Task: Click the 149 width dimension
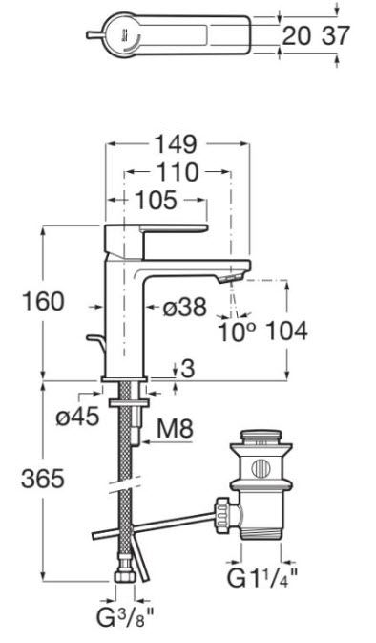click(x=176, y=144)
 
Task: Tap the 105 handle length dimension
click(x=157, y=201)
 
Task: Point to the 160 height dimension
click(x=43, y=301)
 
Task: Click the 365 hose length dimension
click(x=43, y=478)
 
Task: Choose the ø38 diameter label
click(x=185, y=307)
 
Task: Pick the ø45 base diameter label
click(x=78, y=418)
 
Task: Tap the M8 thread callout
click(x=175, y=429)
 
